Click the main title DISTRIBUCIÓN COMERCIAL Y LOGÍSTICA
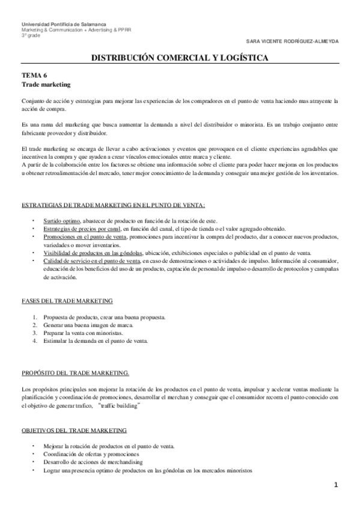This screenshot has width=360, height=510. coord(180,58)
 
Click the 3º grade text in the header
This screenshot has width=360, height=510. coord(29,34)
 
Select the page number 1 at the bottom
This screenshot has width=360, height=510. coord(337,485)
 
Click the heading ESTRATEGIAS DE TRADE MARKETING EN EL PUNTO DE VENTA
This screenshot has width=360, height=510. coord(113,206)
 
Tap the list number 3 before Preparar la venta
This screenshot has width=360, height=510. coord(35,332)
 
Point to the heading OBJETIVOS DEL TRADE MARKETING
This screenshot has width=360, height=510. coord(74,431)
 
